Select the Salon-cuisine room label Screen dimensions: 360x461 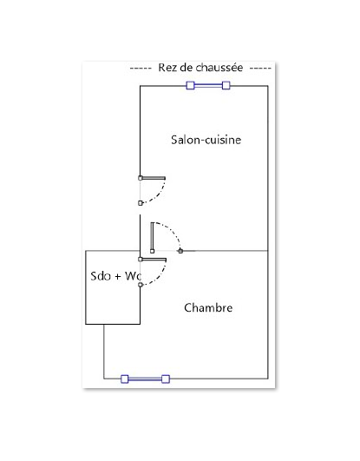(x=206, y=140)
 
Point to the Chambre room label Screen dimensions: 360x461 (x=208, y=308)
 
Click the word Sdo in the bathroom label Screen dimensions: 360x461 (x=101, y=276)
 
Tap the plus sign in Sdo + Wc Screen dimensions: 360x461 (x=118, y=277)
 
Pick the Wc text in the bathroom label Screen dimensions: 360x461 (x=133, y=276)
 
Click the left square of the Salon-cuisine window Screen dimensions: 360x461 (x=191, y=86)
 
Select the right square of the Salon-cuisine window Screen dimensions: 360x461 (x=226, y=86)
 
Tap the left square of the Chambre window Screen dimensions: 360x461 (x=125, y=379)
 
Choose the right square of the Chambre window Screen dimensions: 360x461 (x=166, y=379)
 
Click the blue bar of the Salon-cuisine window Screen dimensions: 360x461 (x=208, y=86)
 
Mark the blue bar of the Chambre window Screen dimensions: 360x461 (x=145, y=379)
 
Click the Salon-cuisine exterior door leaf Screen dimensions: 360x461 (x=154, y=178)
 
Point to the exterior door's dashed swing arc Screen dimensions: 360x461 (x=159, y=194)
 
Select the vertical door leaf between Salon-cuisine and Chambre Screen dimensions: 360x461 (x=152, y=237)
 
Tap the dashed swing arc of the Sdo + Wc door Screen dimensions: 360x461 (x=160, y=276)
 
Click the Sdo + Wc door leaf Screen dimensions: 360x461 (x=154, y=260)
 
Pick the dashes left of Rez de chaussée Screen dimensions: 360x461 (x=141, y=69)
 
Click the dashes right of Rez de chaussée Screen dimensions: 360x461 (x=260, y=69)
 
